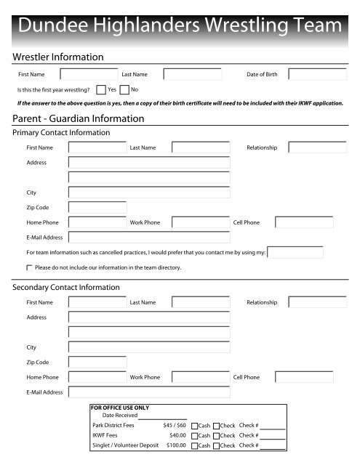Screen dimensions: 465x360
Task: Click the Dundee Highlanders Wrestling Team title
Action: [x=180, y=27]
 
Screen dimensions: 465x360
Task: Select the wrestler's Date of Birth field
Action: [x=317, y=74]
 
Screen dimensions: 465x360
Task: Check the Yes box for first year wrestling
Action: [x=101, y=90]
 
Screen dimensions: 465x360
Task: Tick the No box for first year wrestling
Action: [x=124, y=90]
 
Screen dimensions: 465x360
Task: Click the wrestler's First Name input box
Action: [x=89, y=74]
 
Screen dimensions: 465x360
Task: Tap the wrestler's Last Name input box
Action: [x=192, y=74]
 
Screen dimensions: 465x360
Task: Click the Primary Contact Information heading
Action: [x=62, y=133]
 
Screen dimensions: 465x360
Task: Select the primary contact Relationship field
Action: [x=317, y=147]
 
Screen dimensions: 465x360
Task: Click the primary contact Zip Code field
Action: [x=97, y=207]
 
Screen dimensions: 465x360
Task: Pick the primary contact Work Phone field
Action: [x=200, y=222]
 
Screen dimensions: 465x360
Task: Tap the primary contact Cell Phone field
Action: [x=304, y=222]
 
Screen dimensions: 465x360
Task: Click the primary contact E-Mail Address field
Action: [x=149, y=237]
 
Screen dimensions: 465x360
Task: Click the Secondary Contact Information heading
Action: [x=66, y=288]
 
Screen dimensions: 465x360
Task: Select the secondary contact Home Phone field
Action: [x=97, y=377]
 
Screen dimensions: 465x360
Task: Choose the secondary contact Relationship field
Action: [x=317, y=302]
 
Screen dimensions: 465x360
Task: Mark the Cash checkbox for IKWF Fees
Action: [x=195, y=435]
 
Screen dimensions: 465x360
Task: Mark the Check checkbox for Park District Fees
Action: [x=217, y=425]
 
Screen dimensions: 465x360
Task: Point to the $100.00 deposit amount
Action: [x=176, y=445]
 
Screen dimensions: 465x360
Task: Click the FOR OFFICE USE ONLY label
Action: [x=120, y=408]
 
